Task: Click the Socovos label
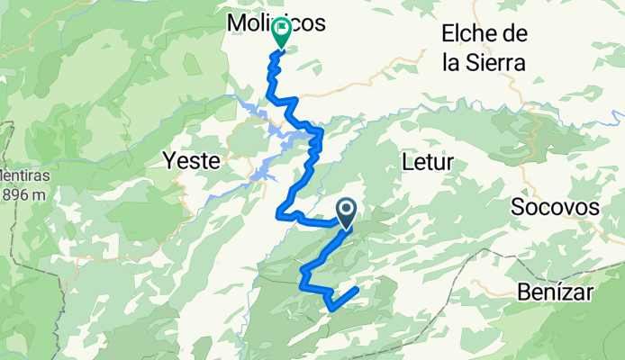(555, 207)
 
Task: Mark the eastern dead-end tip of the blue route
(358, 289)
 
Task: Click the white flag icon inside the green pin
(281, 29)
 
